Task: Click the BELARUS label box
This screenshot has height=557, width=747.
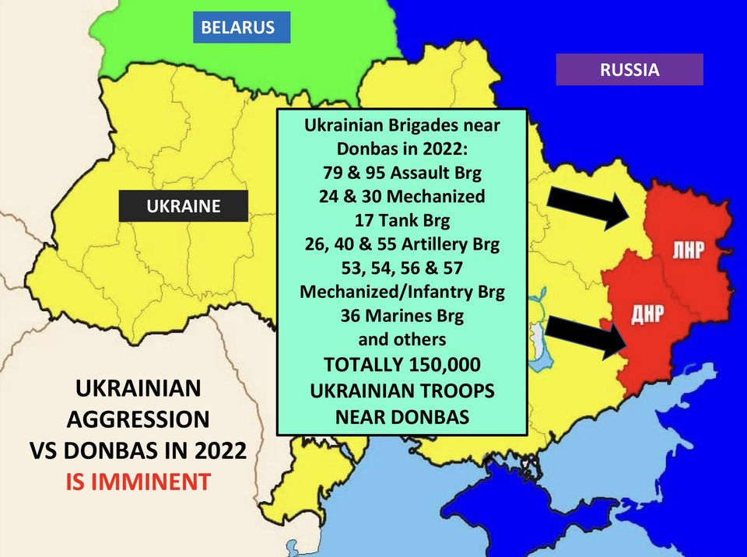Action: click(238, 27)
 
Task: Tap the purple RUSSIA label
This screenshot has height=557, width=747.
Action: click(629, 69)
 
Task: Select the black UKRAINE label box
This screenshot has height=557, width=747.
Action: click(184, 206)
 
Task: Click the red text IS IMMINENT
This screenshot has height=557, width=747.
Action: click(137, 482)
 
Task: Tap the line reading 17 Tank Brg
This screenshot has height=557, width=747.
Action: click(402, 220)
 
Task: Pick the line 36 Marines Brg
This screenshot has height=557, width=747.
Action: click(402, 316)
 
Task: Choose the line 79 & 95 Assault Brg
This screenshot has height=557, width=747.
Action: click(402, 172)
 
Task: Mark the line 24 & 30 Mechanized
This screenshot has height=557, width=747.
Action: click(402, 196)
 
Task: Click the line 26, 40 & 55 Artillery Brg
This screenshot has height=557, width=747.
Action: click(402, 244)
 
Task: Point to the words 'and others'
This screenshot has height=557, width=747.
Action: click(402, 340)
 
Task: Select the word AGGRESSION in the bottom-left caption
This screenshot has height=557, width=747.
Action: click(137, 419)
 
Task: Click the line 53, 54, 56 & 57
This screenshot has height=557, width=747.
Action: click(402, 268)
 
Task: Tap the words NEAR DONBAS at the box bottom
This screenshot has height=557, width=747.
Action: click(402, 416)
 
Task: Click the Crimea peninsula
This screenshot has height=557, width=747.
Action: click(514, 498)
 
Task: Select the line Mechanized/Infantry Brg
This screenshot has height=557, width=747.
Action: click(402, 293)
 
